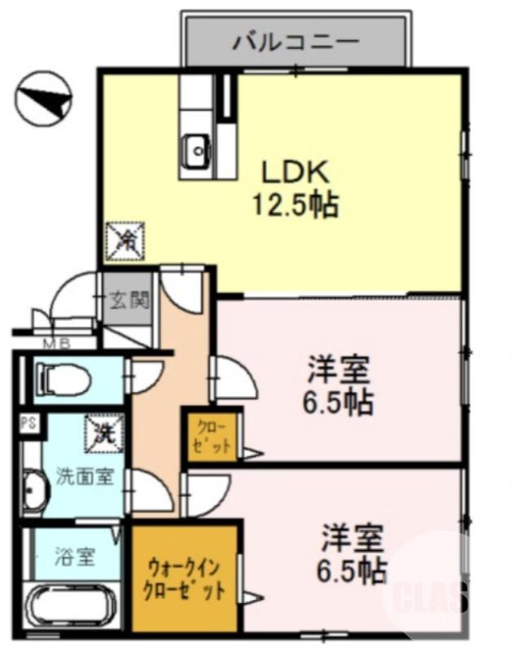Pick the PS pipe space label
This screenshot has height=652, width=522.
(27, 424)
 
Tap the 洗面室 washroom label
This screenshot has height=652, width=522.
(81, 477)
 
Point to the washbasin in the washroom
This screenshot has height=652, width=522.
(33, 491)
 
